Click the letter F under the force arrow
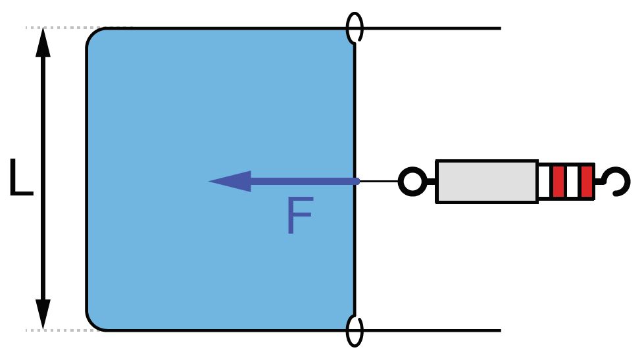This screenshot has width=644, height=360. coord(299,216)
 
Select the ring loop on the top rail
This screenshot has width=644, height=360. coord(355,28)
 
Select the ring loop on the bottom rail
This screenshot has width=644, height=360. coord(355,330)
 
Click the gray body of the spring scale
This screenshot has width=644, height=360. coord(486,181)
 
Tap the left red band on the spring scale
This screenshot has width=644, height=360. coord(559,182)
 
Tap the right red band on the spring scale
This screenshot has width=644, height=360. coord(587,182)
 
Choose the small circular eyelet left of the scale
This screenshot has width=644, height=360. coord(412,182)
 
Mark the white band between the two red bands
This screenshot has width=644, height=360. coord(573,182)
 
